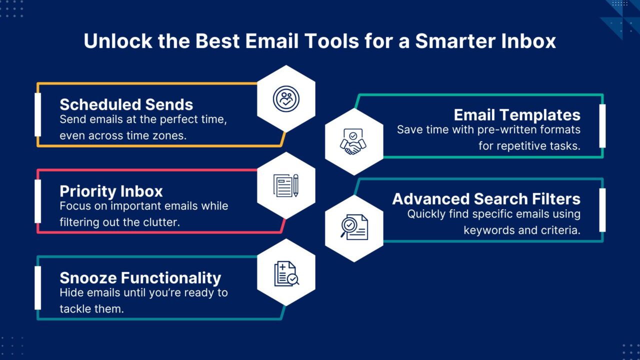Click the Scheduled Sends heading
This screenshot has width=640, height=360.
pos(126,104)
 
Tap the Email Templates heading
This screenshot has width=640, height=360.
pos(517,115)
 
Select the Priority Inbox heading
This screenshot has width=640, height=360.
pos(111,191)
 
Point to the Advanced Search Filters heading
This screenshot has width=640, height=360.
pos(486,199)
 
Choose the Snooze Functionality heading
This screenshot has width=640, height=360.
pos(140,278)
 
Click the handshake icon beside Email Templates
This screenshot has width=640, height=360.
pos(353,141)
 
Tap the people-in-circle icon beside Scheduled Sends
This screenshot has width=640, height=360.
pos(286,99)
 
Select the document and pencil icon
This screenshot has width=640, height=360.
pos(286,185)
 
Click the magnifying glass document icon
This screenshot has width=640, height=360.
pos(354,227)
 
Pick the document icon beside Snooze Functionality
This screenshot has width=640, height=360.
pos(286,273)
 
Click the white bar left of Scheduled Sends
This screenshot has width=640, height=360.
pos(37,114)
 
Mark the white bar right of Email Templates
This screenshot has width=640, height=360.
pos(602,126)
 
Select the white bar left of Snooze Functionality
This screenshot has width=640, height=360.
pos(37,288)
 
